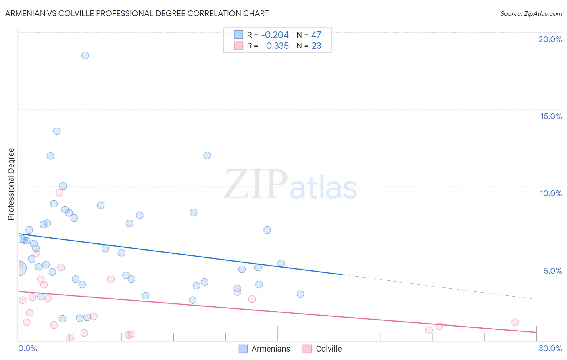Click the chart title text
(137, 13)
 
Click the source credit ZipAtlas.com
(531, 13)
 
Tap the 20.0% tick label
(550, 39)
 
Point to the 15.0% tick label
(550, 116)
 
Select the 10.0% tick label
(550, 193)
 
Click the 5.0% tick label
(552, 271)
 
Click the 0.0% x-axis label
(27, 348)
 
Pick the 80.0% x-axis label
(550, 348)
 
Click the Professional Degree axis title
(11, 184)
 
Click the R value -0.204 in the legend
(275, 35)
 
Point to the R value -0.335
(275, 46)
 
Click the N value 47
(316, 35)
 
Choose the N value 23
(316, 46)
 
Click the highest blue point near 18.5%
(85, 56)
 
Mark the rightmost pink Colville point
(515, 322)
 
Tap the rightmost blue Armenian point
(300, 294)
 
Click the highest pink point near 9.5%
(59, 193)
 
